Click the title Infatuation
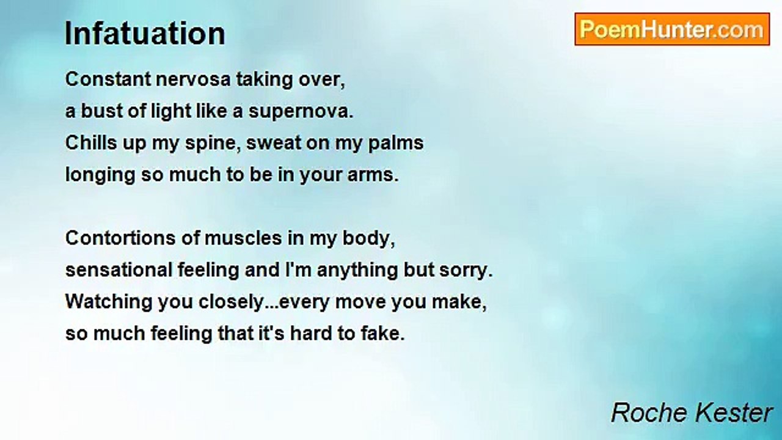coord(145,34)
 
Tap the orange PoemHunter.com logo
coord(672,29)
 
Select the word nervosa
coord(193,79)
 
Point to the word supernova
coord(301,112)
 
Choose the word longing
coord(100,175)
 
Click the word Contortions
coord(120,238)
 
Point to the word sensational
coord(119,270)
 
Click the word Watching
coord(109,302)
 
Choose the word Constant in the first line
coord(108,79)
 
